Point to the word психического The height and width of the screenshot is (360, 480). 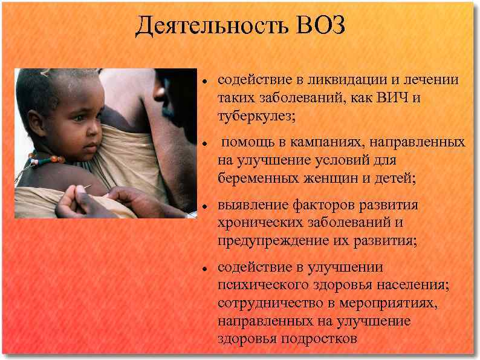click(259, 285)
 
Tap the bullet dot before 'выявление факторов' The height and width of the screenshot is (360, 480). click(206, 206)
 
